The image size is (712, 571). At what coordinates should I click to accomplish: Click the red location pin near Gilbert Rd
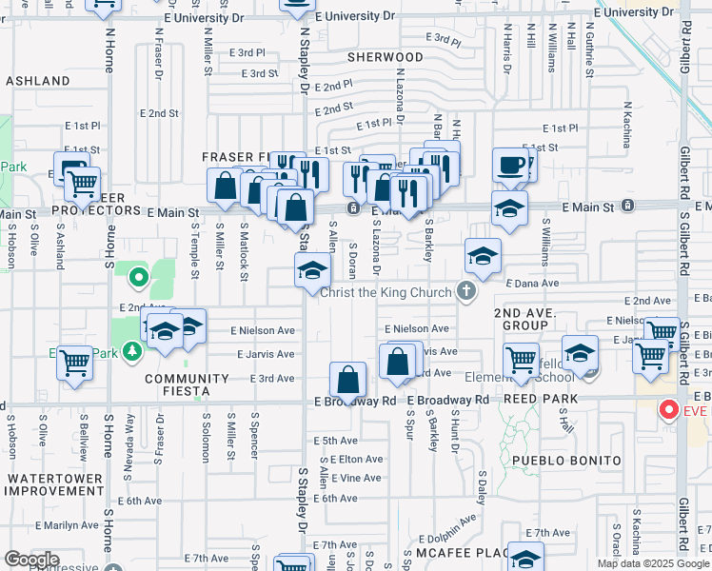(669, 411)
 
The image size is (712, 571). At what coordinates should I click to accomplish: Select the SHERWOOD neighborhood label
(385, 57)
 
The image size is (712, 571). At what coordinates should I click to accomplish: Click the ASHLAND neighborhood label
(38, 81)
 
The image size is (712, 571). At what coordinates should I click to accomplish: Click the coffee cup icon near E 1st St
(511, 165)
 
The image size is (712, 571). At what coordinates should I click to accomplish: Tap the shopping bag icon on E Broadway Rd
(349, 380)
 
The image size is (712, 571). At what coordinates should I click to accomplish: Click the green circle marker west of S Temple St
(139, 279)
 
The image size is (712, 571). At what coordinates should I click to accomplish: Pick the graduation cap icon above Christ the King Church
(312, 270)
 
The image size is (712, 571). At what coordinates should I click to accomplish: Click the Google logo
(31, 560)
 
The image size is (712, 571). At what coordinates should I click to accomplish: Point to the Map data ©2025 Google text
(653, 563)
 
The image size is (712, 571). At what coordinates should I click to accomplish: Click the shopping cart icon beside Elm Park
(75, 362)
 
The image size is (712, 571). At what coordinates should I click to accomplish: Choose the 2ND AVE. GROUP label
(521, 319)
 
